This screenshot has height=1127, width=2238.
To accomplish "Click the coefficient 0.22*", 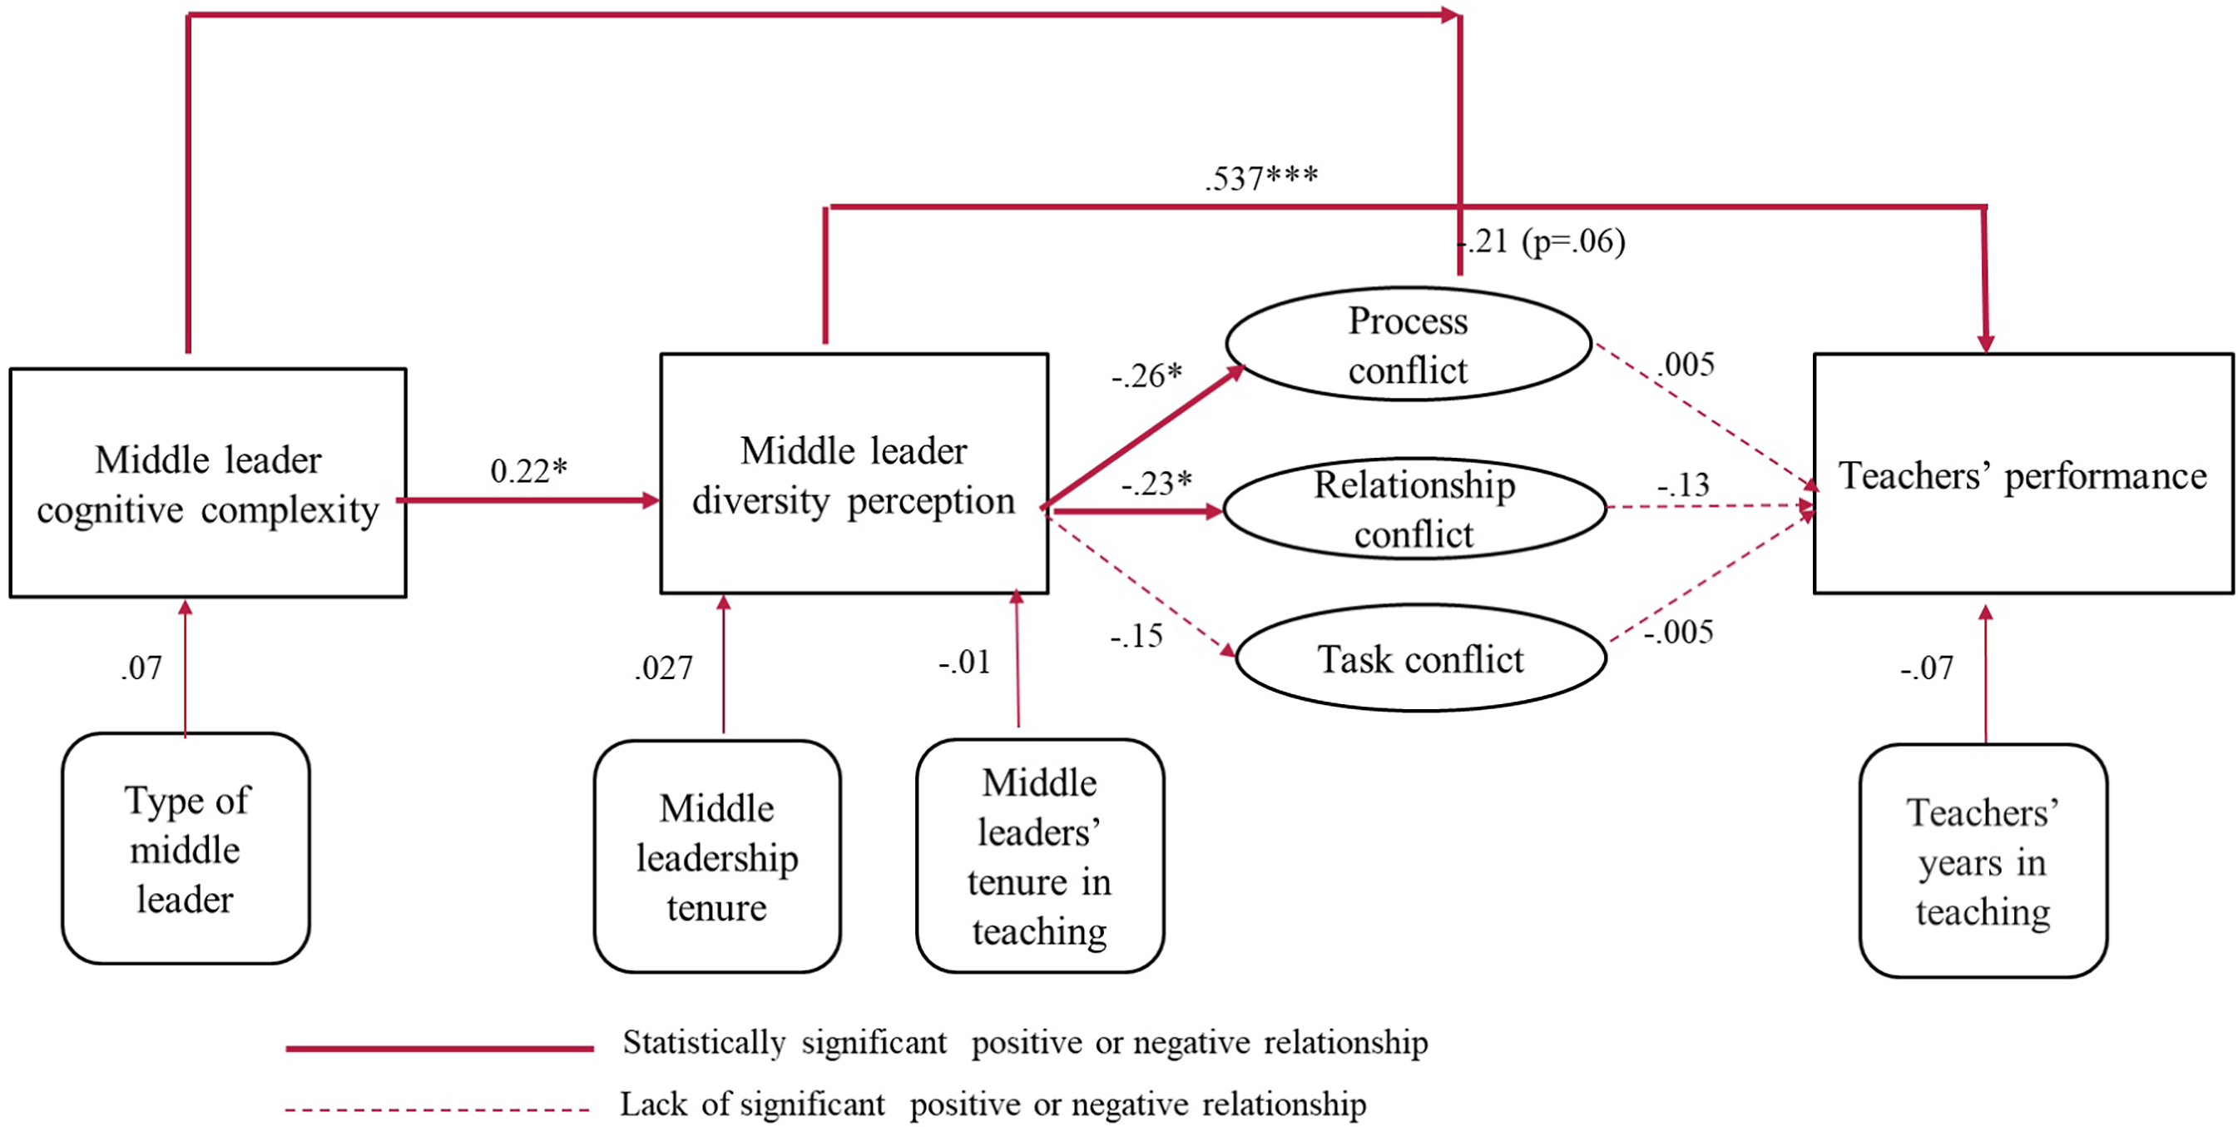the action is [529, 470].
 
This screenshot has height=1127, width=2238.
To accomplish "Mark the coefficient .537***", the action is [1261, 178].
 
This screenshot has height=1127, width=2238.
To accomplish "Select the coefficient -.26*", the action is [1146, 375].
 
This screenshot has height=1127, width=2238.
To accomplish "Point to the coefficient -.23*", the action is [1156, 483].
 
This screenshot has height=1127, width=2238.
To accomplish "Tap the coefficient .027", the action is [664, 668].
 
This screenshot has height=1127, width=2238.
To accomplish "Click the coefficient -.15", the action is [1136, 636].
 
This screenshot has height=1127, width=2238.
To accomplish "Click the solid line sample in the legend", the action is [439, 1049].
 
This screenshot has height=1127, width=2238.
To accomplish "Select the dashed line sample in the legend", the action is [437, 1110].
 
